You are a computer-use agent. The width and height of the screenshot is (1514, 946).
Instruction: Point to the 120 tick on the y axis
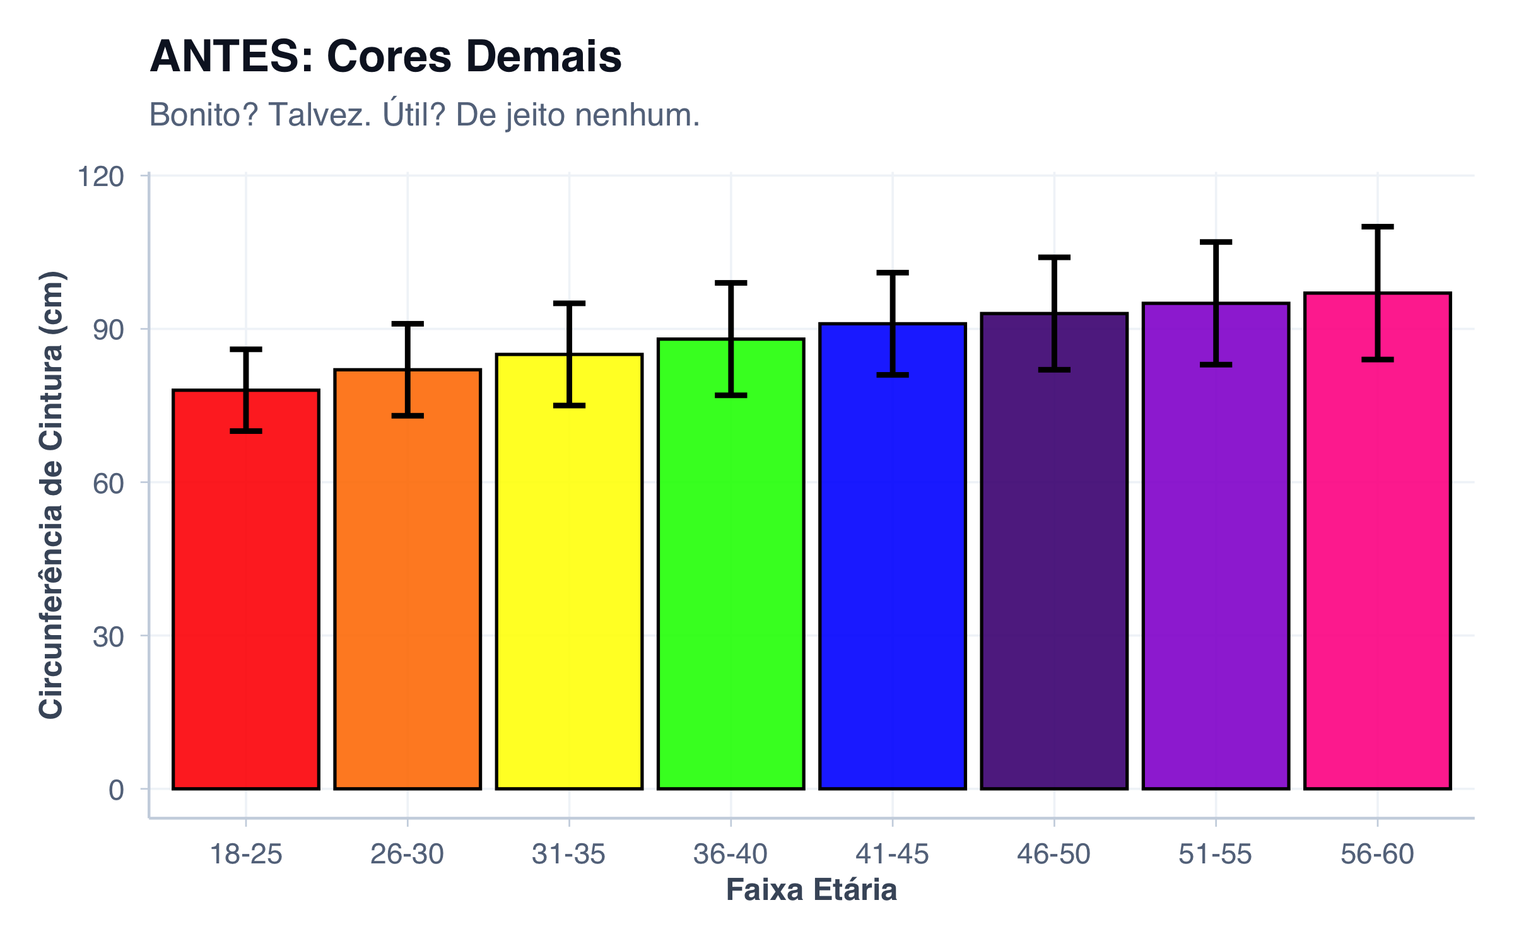click(x=100, y=177)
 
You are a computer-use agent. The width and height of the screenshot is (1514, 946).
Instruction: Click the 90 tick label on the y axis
click(x=108, y=330)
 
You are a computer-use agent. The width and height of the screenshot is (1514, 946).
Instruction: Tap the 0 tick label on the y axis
click(x=116, y=790)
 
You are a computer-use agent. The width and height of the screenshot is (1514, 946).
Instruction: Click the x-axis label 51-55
click(x=1215, y=855)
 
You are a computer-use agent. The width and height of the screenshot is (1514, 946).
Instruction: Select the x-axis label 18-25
click(x=246, y=855)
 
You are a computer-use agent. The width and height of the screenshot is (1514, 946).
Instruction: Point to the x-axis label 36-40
click(x=731, y=855)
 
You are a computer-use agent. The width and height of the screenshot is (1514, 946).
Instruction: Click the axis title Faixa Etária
click(x=811, y=890)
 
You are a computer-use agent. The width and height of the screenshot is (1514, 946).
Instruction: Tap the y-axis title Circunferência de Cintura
click(x=52, y=495)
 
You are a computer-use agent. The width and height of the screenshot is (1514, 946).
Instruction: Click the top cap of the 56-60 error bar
click(x=1378, y=226)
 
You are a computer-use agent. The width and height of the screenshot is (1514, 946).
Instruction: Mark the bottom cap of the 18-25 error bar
click(x=246, y=431)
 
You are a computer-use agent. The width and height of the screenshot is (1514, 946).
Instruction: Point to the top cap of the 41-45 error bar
click(x=893, y=273)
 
